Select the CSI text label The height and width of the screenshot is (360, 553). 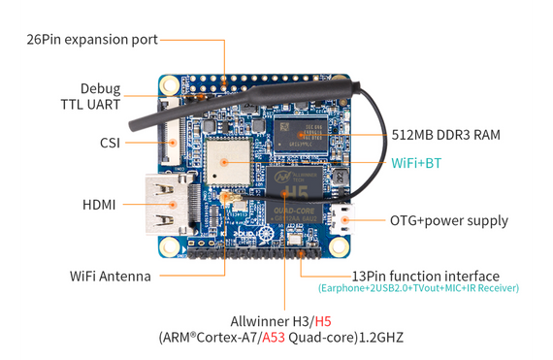(110, 142)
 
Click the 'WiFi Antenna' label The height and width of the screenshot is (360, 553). (110, 276)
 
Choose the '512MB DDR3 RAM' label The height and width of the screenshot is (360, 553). (445, 135)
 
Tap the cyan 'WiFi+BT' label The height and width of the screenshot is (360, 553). (415, 162)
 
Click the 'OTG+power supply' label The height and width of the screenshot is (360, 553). (448, 220)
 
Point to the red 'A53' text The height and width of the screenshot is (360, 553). (276, 338)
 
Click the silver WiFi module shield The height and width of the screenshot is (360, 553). (228, 160)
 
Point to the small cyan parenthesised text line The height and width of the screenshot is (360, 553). (418, 288)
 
